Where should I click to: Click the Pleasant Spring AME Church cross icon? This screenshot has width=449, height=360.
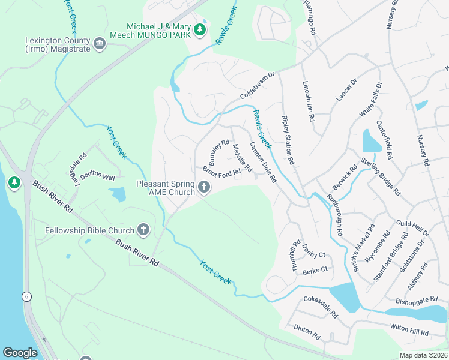(x=204, y=188)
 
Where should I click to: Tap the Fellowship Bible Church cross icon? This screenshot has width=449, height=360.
(x=143, y=229)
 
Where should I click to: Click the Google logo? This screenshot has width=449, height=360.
(x=20, y=353)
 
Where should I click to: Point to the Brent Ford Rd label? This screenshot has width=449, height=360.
(x=221, y=172)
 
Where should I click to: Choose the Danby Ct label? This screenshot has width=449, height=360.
(x=313, y=254)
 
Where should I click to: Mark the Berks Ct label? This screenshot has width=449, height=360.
(x=315, y=270)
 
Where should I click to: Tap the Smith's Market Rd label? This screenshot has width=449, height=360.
(x=364, y=248)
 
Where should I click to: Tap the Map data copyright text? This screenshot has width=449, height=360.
(x=423, y=355)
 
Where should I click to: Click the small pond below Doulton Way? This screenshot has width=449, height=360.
(x=118, y=194)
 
